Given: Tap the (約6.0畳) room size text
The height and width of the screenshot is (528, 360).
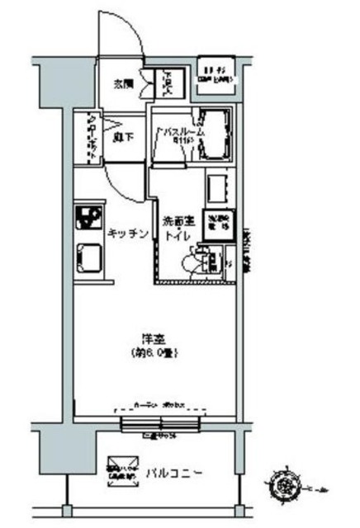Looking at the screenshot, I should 154,352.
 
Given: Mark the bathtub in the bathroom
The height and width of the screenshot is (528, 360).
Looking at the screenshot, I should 216,132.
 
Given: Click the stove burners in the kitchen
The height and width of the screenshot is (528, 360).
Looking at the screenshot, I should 86,219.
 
